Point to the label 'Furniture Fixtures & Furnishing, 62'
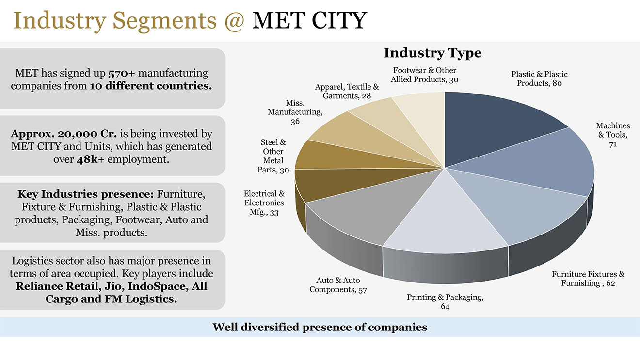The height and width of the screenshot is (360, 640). coord(588,279)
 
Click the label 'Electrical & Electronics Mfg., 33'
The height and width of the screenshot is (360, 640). coord(264,203)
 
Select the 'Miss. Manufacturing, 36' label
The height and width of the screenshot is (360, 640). coord(295,112)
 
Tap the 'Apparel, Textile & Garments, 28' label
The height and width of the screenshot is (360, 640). coord(347,91)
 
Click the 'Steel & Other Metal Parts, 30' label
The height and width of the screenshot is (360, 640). coord(273,156)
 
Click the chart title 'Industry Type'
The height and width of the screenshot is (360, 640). coord(432,53)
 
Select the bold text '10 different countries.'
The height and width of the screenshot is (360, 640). coord(151,87)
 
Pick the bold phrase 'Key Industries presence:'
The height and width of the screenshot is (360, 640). coord(85,194)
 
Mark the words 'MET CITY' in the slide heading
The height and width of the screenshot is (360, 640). coord(309,20)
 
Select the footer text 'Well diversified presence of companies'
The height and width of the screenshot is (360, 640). coord(320,327)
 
